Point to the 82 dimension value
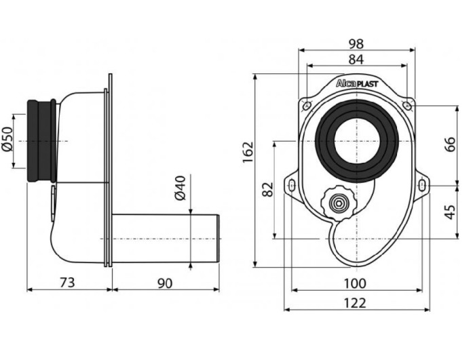[268, 188]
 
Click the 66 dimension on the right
[450, 144]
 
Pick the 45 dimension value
[450, 212]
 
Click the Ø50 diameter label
[8, 140]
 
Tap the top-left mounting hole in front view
[307, 105]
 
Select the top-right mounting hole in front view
[407, 105]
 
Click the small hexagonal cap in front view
[337, 201]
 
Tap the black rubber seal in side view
[41, 141]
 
